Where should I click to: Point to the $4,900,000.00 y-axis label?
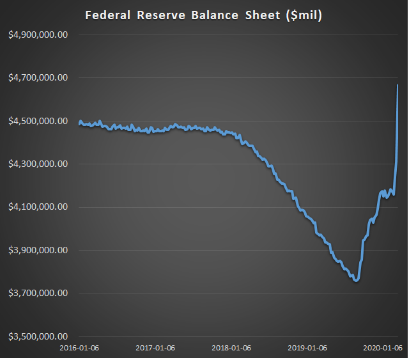click(x=38, y=35)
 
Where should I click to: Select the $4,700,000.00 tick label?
click(x=38, y=78)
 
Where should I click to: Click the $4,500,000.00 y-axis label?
click(x=38, y=121)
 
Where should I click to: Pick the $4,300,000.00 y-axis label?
click(x=38, y=164)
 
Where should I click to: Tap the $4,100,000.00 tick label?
click(x=38, y=207)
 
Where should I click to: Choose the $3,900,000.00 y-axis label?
click(x=38, y=250)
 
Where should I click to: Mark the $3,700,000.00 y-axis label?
click(x=38, y=293)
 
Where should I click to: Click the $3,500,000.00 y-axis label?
click(x=38, y=336)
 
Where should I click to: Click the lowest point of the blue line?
click(x=356, y=280)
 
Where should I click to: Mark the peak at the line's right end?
click(x=397, y=85)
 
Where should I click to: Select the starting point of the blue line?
click(x=79, y=123)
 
